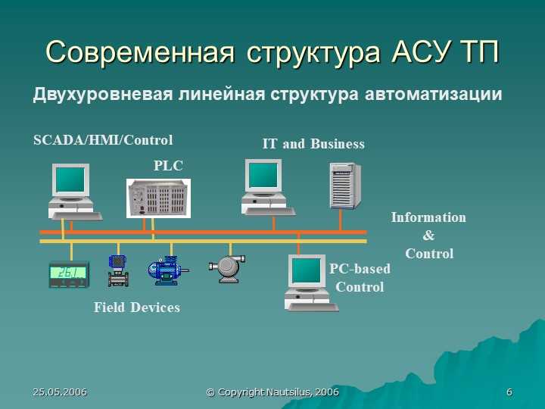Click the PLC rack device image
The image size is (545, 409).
pyautogui.click(x=158, y=198)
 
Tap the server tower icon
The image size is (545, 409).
pyautogui.click(x=345, y=186)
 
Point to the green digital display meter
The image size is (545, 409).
pyautogui.click(x=69, y=274)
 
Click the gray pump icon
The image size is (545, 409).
pyautogui.click(x=227, y=269)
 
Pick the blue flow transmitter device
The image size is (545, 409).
pyautogui.click(x=118, y=271)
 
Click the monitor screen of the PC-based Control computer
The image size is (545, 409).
pyautogui.click(x=307, y=271)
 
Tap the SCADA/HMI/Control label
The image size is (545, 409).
pyautogui.click(x=103, y=140)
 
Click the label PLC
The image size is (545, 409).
pyautogui.click(x=168, y=166)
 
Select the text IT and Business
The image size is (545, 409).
pyautogui.click(x=313, y=144)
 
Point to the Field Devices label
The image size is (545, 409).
pyautogui.click(x=137, y=308)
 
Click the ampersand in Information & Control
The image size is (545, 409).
pyautogui.click(x=428, y=236)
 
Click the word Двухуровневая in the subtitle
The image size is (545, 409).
pyautogui.click(x=103, y=94)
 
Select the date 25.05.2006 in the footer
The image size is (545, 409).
pyautogui.click(x=60, y=392)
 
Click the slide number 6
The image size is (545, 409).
pyautogui.click(x=509, y=392)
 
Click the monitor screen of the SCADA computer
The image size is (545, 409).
pyautogui.click(x=70, y=180)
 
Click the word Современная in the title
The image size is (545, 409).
pyautogui.click(x=140, y=52)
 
